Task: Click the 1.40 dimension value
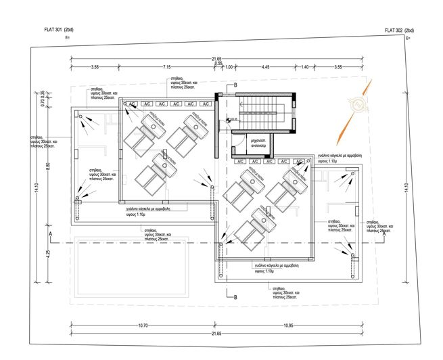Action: coord(304,67)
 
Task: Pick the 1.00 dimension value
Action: coord(229,67)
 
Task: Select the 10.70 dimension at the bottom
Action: coord(143,325)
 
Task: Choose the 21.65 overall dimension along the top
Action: coord(216,60)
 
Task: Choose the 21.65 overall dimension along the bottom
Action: coord(216,334)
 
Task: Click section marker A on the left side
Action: coord(50,233)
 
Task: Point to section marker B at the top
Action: coord(235,85)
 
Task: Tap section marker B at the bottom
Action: coord(235,296)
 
